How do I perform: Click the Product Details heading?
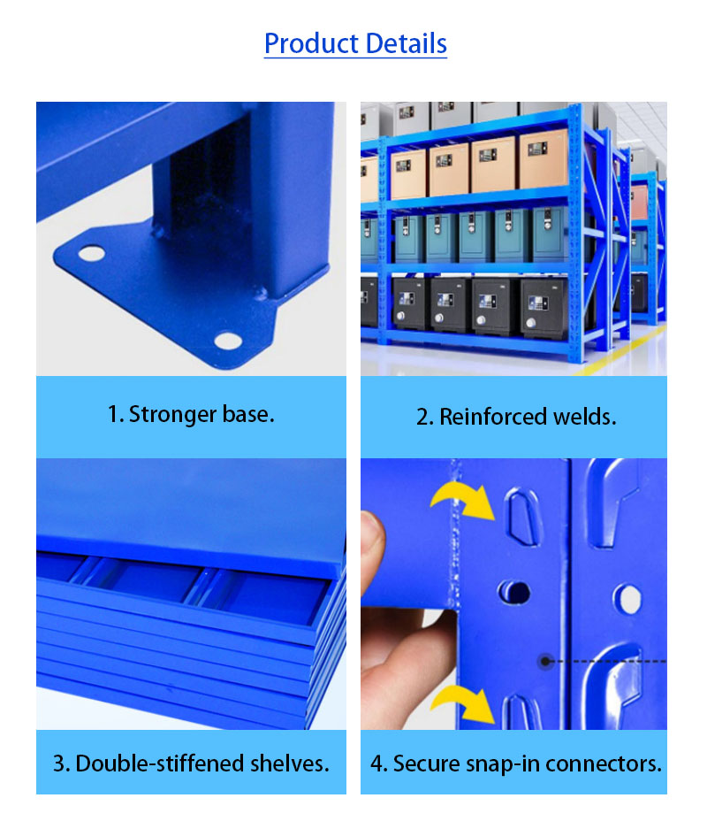click(355, 43)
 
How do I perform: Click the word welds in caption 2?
click(584, 417)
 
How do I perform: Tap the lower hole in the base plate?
click(227, 340)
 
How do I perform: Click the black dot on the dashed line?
click(546, 660)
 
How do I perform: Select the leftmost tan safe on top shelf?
click(407, 173)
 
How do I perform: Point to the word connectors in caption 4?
click(612, 763)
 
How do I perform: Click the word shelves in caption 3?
click(289, 763)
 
